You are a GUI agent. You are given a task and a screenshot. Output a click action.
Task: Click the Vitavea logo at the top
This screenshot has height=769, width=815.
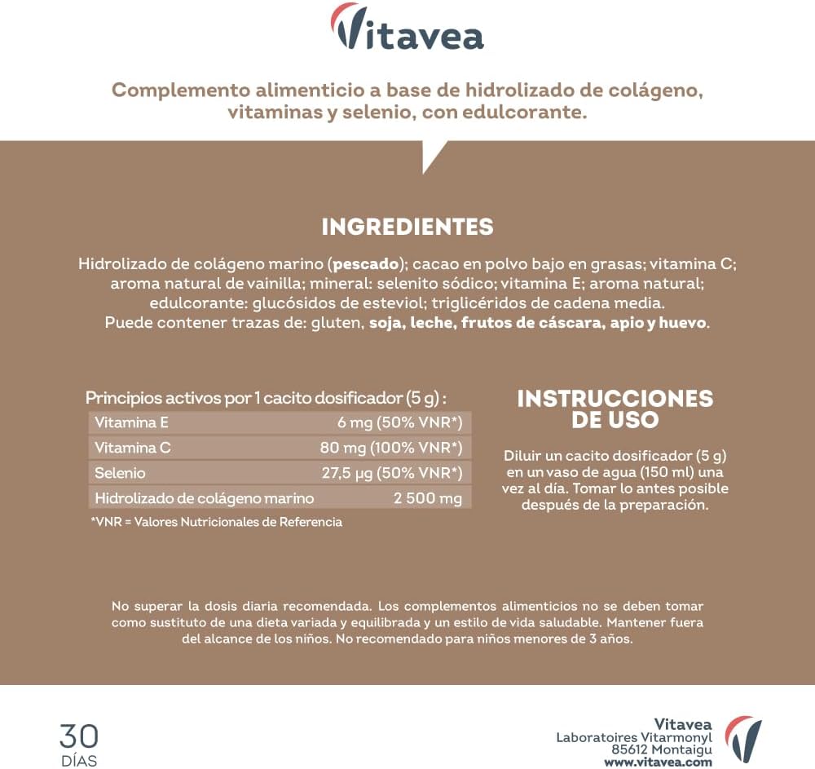tap(407, 30)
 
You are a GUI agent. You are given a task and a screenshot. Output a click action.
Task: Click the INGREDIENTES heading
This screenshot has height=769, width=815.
tap(407, 226)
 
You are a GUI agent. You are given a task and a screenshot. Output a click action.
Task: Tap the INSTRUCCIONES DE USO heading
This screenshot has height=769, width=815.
tap(615, 409)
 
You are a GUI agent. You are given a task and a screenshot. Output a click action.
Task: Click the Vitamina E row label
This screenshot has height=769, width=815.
tap(131, 422)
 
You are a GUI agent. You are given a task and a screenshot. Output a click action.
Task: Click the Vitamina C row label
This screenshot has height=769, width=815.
tap(132, 448)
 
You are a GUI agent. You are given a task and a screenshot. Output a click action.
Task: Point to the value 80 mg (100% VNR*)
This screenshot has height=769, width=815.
tap(391, 448)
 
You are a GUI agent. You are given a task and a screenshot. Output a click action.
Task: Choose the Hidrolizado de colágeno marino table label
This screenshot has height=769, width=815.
tap(205, 498)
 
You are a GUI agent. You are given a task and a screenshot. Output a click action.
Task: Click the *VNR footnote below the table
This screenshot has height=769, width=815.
tap(216, 522)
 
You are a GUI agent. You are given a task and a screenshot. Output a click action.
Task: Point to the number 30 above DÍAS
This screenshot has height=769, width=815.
tap(78, 736)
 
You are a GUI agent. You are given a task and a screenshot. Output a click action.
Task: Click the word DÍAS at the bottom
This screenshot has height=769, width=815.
tap(78, 761)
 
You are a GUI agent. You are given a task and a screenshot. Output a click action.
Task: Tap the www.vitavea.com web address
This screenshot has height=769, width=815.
tap(658, 762)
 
